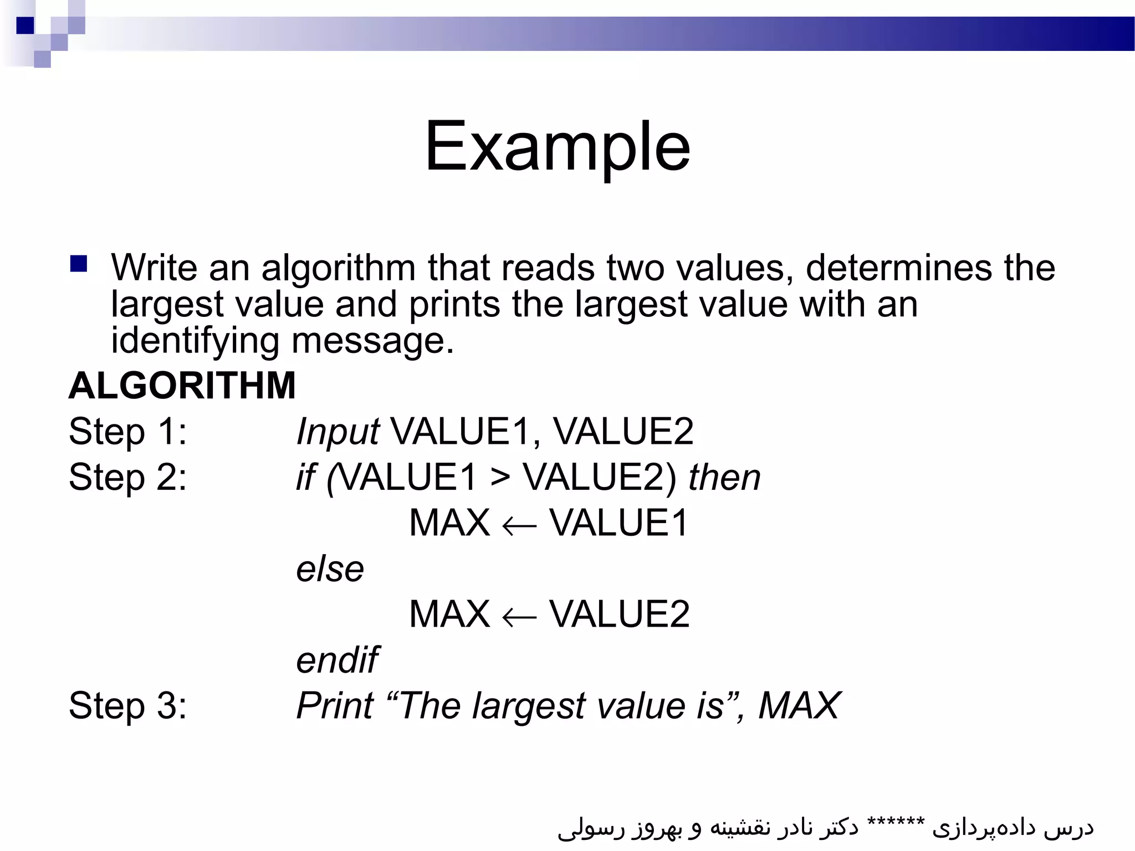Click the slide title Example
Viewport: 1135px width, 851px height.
pos(557,147)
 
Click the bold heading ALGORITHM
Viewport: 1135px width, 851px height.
pos(182,386)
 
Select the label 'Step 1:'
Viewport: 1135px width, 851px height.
pos(128,432)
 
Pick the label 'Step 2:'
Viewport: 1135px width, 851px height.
pos(128,478)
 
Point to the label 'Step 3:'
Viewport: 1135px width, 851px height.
pos(128,706)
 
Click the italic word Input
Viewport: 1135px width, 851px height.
pos(338,432)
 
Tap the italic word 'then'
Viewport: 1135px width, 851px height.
pos(724,478)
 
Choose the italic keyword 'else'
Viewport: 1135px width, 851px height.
pos(330,569)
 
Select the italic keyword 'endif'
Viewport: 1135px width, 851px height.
pos(337,660)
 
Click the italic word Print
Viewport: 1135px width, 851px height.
pos(335,706)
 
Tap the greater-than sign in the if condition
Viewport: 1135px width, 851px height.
pos(500,478)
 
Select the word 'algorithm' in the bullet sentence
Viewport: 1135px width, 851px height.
pos(338,269)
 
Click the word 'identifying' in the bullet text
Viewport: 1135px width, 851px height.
pos(195,341)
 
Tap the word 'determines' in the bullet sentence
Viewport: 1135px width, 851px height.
pos(898,268)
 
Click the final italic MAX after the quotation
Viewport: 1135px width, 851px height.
pos(799,706)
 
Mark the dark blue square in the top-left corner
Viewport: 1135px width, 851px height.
pos(25,25)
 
